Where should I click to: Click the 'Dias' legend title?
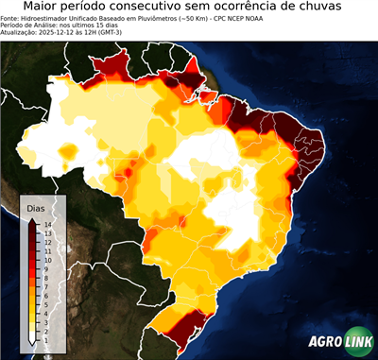click(37, 207)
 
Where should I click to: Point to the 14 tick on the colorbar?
click(46, 224)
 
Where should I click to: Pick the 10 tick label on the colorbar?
click(46, 257)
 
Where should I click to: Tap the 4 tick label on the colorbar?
click(46, 307)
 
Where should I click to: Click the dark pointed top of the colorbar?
click(33, 220)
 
